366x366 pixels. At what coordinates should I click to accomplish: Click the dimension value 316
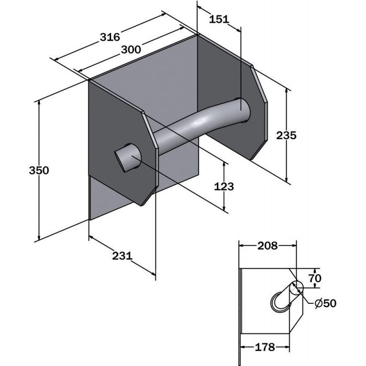110,37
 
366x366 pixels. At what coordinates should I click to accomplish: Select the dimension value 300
131,49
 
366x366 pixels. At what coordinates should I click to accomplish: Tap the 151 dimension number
219,19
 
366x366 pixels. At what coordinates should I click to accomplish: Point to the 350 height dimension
39,170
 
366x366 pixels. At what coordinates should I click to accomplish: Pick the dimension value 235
286,135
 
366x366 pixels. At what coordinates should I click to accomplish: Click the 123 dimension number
224,187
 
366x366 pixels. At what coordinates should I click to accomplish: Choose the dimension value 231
122,256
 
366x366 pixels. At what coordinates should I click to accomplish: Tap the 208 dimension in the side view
268,246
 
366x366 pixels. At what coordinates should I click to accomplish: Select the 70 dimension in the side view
315,278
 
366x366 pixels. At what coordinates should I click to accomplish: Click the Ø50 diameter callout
325,303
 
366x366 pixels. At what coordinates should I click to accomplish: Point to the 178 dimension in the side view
265,347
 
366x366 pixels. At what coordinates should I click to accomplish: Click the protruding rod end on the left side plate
127,158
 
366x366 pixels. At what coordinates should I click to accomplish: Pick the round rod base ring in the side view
279,302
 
